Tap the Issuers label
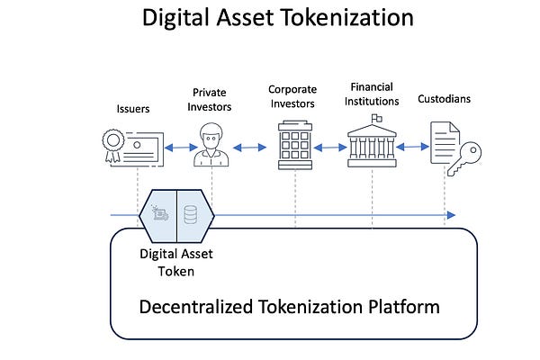(x=133, y=110)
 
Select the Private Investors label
(x=211, y=99)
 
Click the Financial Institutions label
(x=373, y=94)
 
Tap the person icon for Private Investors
(x=211, y=145)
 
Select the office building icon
(x=295, y=145)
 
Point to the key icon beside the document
(x=468, y=154)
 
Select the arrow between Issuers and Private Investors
(x=175, y=146)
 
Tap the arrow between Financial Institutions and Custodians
(x=413, y=146)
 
